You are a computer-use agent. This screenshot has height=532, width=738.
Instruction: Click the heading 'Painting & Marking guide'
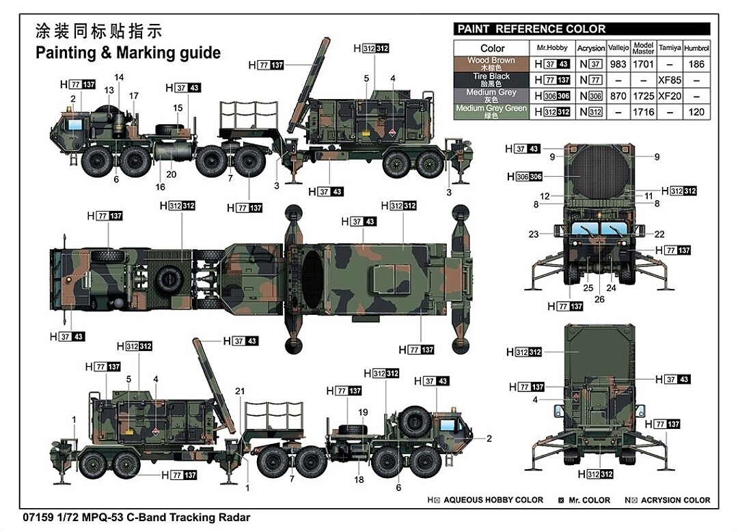pyautogui.click(x=128, y=53)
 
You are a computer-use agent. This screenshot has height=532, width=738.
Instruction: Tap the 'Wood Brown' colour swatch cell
pyautogui.click(x=491, y=64)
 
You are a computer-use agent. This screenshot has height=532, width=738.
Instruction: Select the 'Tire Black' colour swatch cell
pyautogui.click(x=491, y=80)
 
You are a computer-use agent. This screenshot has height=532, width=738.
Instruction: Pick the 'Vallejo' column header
pyautogui.click(x=618, y=48)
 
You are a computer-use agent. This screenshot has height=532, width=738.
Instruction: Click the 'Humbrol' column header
pyautogui.click(x=696, y=48)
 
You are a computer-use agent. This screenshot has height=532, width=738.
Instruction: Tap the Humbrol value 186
pyautogui.click(x=696, y=64)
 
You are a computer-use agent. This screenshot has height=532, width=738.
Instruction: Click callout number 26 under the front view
pyautogui.click(x=599, y=298)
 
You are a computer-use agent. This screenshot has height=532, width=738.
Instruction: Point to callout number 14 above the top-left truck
pyautogui.click(x=119, y=76)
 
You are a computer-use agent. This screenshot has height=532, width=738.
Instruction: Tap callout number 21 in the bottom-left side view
pyautogui.click(x=239, y=391)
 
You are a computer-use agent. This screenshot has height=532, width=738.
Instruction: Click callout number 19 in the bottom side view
pyautogui.click(x=363, y=412)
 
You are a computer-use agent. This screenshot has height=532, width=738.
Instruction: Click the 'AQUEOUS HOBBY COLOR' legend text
pyautogui.click(x=493, y=500)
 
